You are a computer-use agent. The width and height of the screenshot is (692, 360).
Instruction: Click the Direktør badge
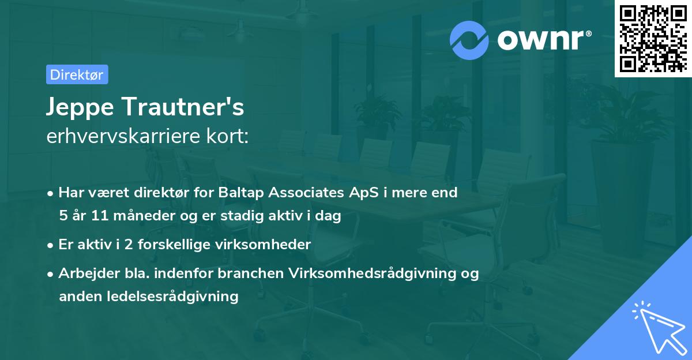77,74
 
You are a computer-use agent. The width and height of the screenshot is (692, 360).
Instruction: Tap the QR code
653,38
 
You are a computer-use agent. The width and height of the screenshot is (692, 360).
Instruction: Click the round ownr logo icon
469,40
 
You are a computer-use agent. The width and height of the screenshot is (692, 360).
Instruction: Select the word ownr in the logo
543,40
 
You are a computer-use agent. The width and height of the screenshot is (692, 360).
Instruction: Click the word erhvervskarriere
119,137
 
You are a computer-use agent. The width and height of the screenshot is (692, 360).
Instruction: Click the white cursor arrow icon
657,327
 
